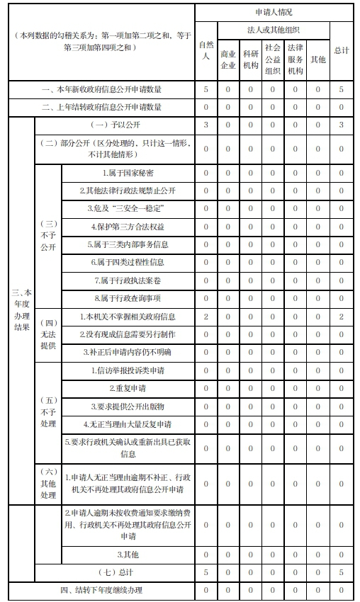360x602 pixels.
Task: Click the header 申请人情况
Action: (x=273, y=12)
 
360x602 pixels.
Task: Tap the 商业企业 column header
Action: (x=228, y=59)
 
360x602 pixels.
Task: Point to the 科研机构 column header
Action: (x=250, y=59)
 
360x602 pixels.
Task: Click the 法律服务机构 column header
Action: (x=296, y=59)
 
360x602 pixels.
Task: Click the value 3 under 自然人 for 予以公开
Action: (x=206, y=125)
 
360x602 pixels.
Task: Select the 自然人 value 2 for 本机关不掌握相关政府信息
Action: (x=206, y=316)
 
